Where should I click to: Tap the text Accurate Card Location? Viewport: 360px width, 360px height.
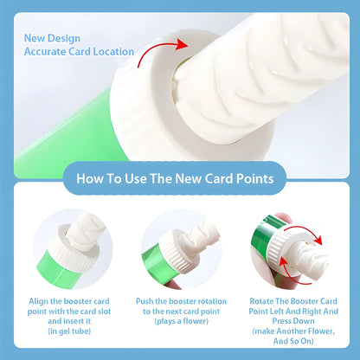click(x=79, y=51)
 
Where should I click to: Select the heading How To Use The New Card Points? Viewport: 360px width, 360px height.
click(x=180, y=179)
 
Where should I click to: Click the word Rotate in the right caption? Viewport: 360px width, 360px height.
click(x=254, y=299)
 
